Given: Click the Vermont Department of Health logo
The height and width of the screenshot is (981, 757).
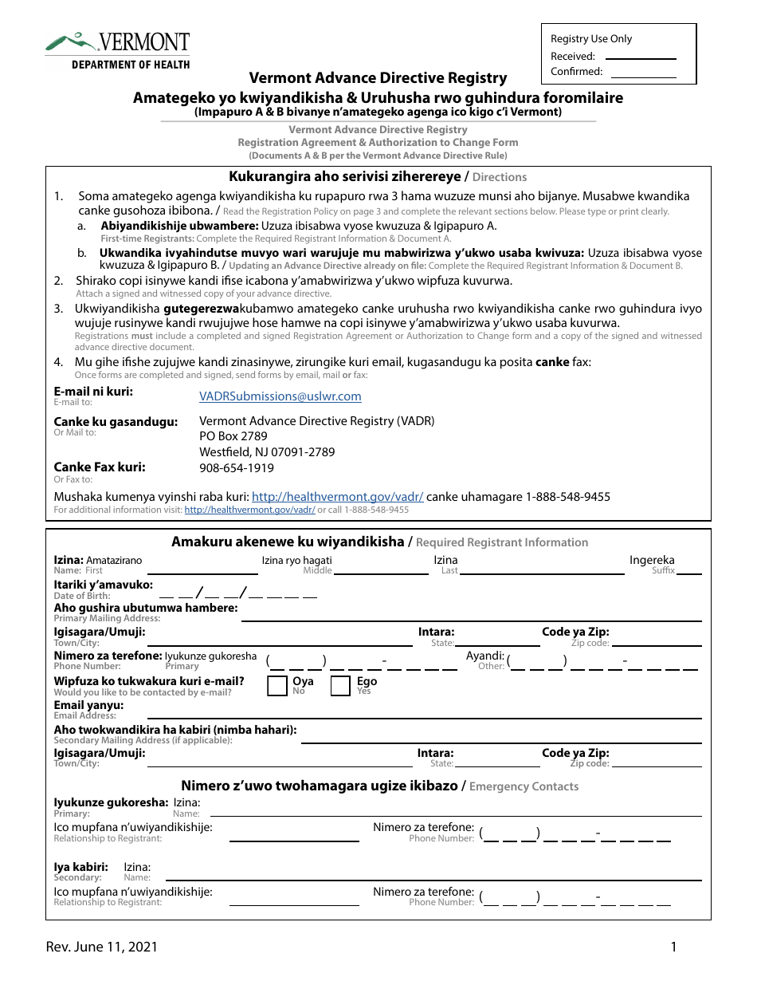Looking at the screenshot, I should pos(117,50).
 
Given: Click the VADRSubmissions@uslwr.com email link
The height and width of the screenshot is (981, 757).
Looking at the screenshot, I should pos(280,396).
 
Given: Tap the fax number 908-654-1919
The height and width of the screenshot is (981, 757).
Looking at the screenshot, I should pos(236,468).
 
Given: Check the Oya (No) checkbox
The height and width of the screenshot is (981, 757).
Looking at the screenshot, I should pos(277,686).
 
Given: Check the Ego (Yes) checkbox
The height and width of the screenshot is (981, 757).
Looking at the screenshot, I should pos(340,686).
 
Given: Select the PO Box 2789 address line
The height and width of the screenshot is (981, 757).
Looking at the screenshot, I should pos(233,436).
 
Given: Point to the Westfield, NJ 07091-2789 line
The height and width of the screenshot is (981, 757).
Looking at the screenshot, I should pos(267,452).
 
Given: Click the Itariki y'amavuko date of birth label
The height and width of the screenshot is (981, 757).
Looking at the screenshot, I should pos(103,585).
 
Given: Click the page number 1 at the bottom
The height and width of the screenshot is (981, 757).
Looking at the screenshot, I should pos(673,947).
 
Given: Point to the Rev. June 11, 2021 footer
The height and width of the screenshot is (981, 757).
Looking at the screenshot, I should pos(101,947).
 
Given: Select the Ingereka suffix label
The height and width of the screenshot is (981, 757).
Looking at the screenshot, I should pos(652,561).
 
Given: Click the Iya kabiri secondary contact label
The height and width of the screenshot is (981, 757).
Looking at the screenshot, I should pos(80,867).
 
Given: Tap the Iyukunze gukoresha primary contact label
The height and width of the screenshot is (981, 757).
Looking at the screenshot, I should pos(111,802).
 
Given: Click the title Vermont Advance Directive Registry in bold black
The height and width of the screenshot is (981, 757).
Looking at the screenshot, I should pos(378,77).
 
